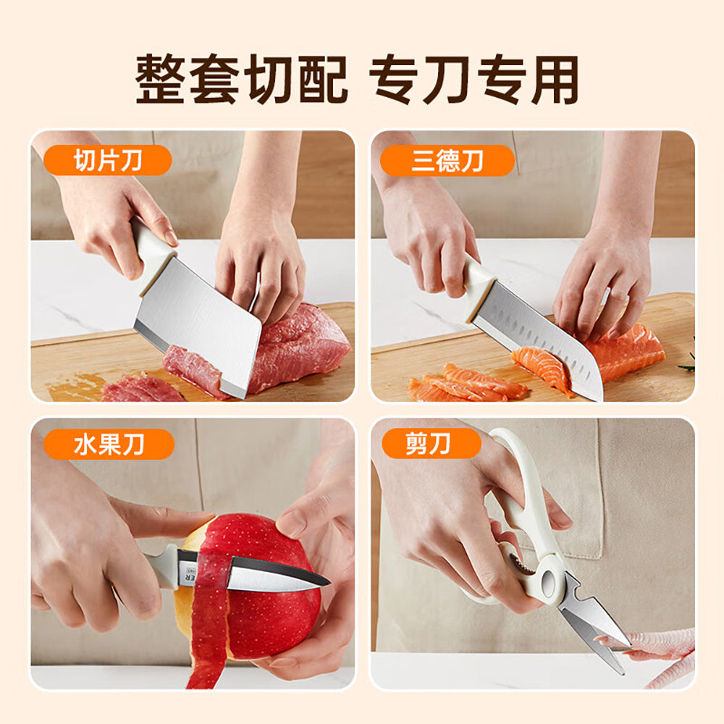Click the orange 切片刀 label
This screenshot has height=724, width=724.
(107, 161)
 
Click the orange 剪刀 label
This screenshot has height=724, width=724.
(432, 443)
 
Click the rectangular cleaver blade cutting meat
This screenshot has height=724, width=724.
(199, 326)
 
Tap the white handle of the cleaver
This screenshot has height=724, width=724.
(152, 250)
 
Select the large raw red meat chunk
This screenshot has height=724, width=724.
(297, 348)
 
